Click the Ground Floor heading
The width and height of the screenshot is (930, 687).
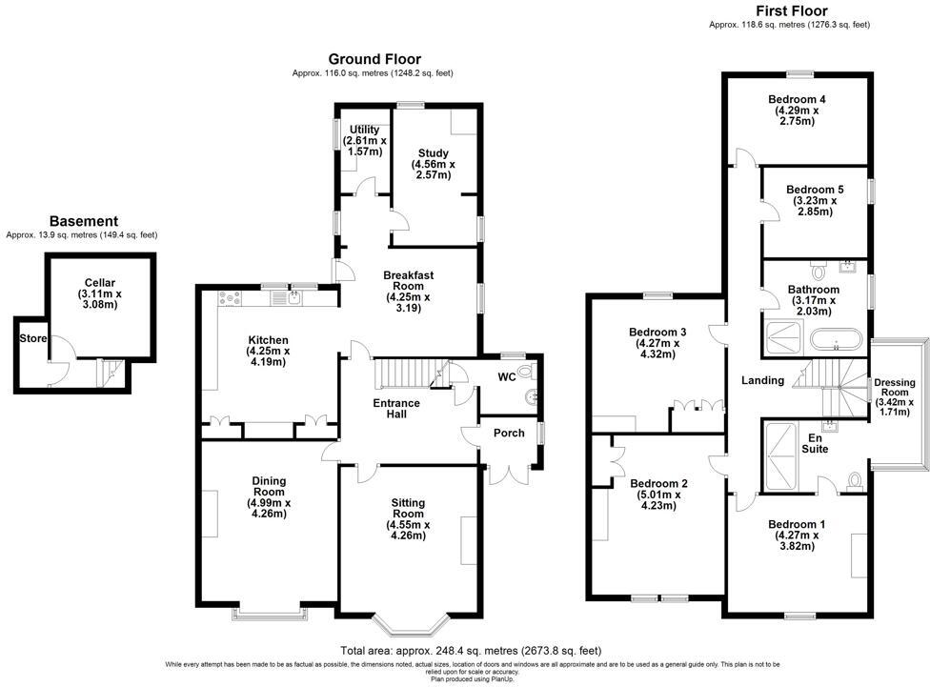click(374, 59)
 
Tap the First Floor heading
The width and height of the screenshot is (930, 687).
click(789, 11)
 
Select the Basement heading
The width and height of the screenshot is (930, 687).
click(84, 221)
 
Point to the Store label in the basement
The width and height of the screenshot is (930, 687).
click(33, 338)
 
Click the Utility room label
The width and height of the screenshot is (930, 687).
click(364, 130)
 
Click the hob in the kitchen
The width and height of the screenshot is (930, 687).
click(230, 299)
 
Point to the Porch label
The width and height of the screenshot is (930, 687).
click(509, 434)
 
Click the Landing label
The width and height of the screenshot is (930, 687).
click(762, 381)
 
